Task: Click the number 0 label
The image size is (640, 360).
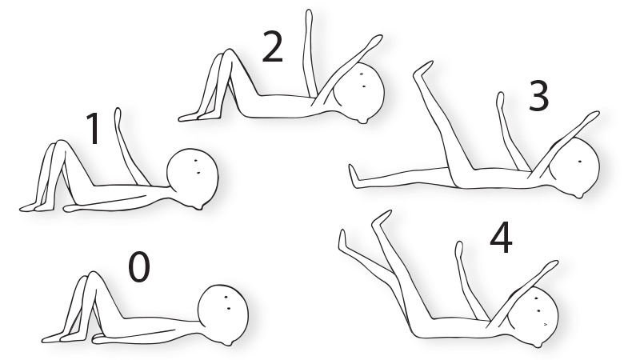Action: pyautogui.click(x=139, y=268)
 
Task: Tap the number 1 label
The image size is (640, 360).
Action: pyautogui.click(x=94, y=130)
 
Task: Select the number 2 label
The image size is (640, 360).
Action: pyautogui.click(x=272, y=49)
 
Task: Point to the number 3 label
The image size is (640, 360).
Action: pyautogui.click(x=538, y=97)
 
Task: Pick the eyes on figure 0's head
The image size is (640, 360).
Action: pyautogui.click(x=229, y=301)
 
